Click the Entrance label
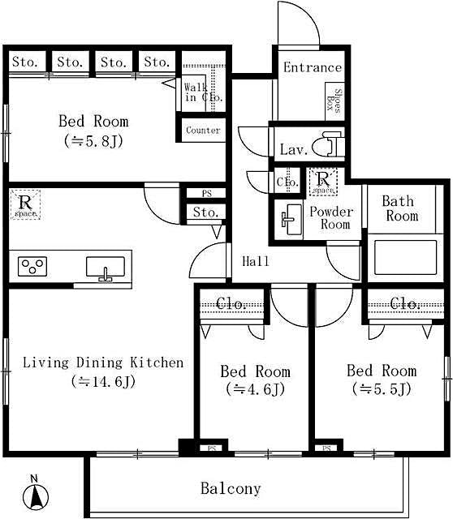click(x=312, y=67)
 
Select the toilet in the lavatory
click(x=331, y=144)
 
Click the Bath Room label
click(x=399, y=208)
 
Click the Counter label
click(x=202, y=130)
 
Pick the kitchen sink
click(x=105, y=267)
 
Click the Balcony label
click(x=231, y=488)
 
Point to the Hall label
click(x=256, y=261)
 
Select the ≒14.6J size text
click(x=102, y=380)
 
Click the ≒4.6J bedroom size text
click(x=255, y=389)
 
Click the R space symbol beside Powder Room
click(x=323, y=182)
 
